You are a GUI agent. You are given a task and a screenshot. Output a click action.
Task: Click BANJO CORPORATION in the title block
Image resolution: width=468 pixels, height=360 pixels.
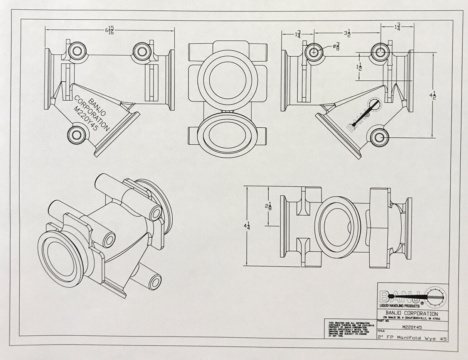[411, 313]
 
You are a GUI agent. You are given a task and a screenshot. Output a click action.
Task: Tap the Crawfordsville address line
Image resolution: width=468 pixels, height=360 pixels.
[411, 318]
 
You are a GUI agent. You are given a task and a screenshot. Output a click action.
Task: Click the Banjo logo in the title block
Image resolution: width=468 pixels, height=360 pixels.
[412, 296]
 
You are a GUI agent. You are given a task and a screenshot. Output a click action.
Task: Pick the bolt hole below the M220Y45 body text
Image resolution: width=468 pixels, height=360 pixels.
[76, 135]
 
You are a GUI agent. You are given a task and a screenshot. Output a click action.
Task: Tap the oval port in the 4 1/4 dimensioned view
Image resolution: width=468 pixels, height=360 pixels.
[337, 225]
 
